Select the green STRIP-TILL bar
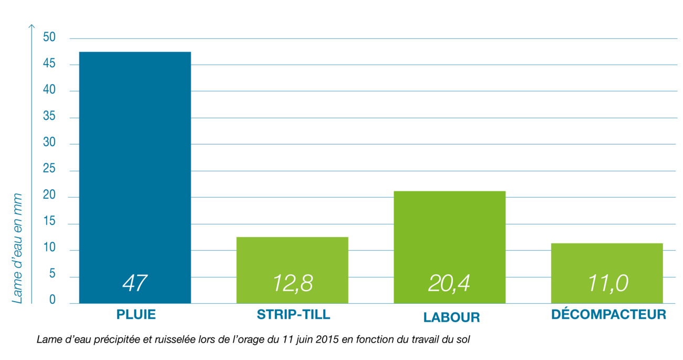pyautogui.click(x=292, y=258)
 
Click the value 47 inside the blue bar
pyautogui.click(x=134, y=283)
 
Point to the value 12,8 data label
pyautogui.click(x=293, y=283)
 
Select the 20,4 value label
pyautogui.click(x=449, y=283)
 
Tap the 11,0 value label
pyautogui.click(x=607, y=283)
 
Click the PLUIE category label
pyautogui.click(x=136, y=315)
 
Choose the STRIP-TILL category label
pyautogui.click(x=293, y=315)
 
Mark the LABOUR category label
pyautogui.click(x=451, y=318)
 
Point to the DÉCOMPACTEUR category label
pyautogui.click(x=609, y=315)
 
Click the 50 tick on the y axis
pyautogui.click(x=49, y=38)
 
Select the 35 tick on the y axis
pyautogui.click(x=49, y=117)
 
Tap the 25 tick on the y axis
pyautogui.click(x=49, y=170)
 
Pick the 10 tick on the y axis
pyautogui.click(x=49, y=250)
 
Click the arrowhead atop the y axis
pyautogui.click(x=32, y=25)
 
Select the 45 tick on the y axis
pyautogui.click(x=49, y=65)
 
